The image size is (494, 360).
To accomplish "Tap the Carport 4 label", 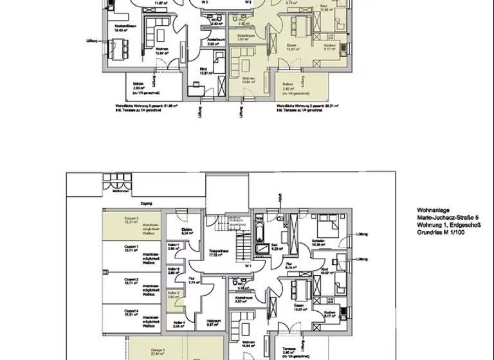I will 131,312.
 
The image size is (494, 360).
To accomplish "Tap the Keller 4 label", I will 179,324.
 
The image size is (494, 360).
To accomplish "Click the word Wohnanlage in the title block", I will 431,210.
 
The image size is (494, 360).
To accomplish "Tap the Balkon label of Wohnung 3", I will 138,84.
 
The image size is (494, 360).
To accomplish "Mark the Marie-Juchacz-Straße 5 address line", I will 448,217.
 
